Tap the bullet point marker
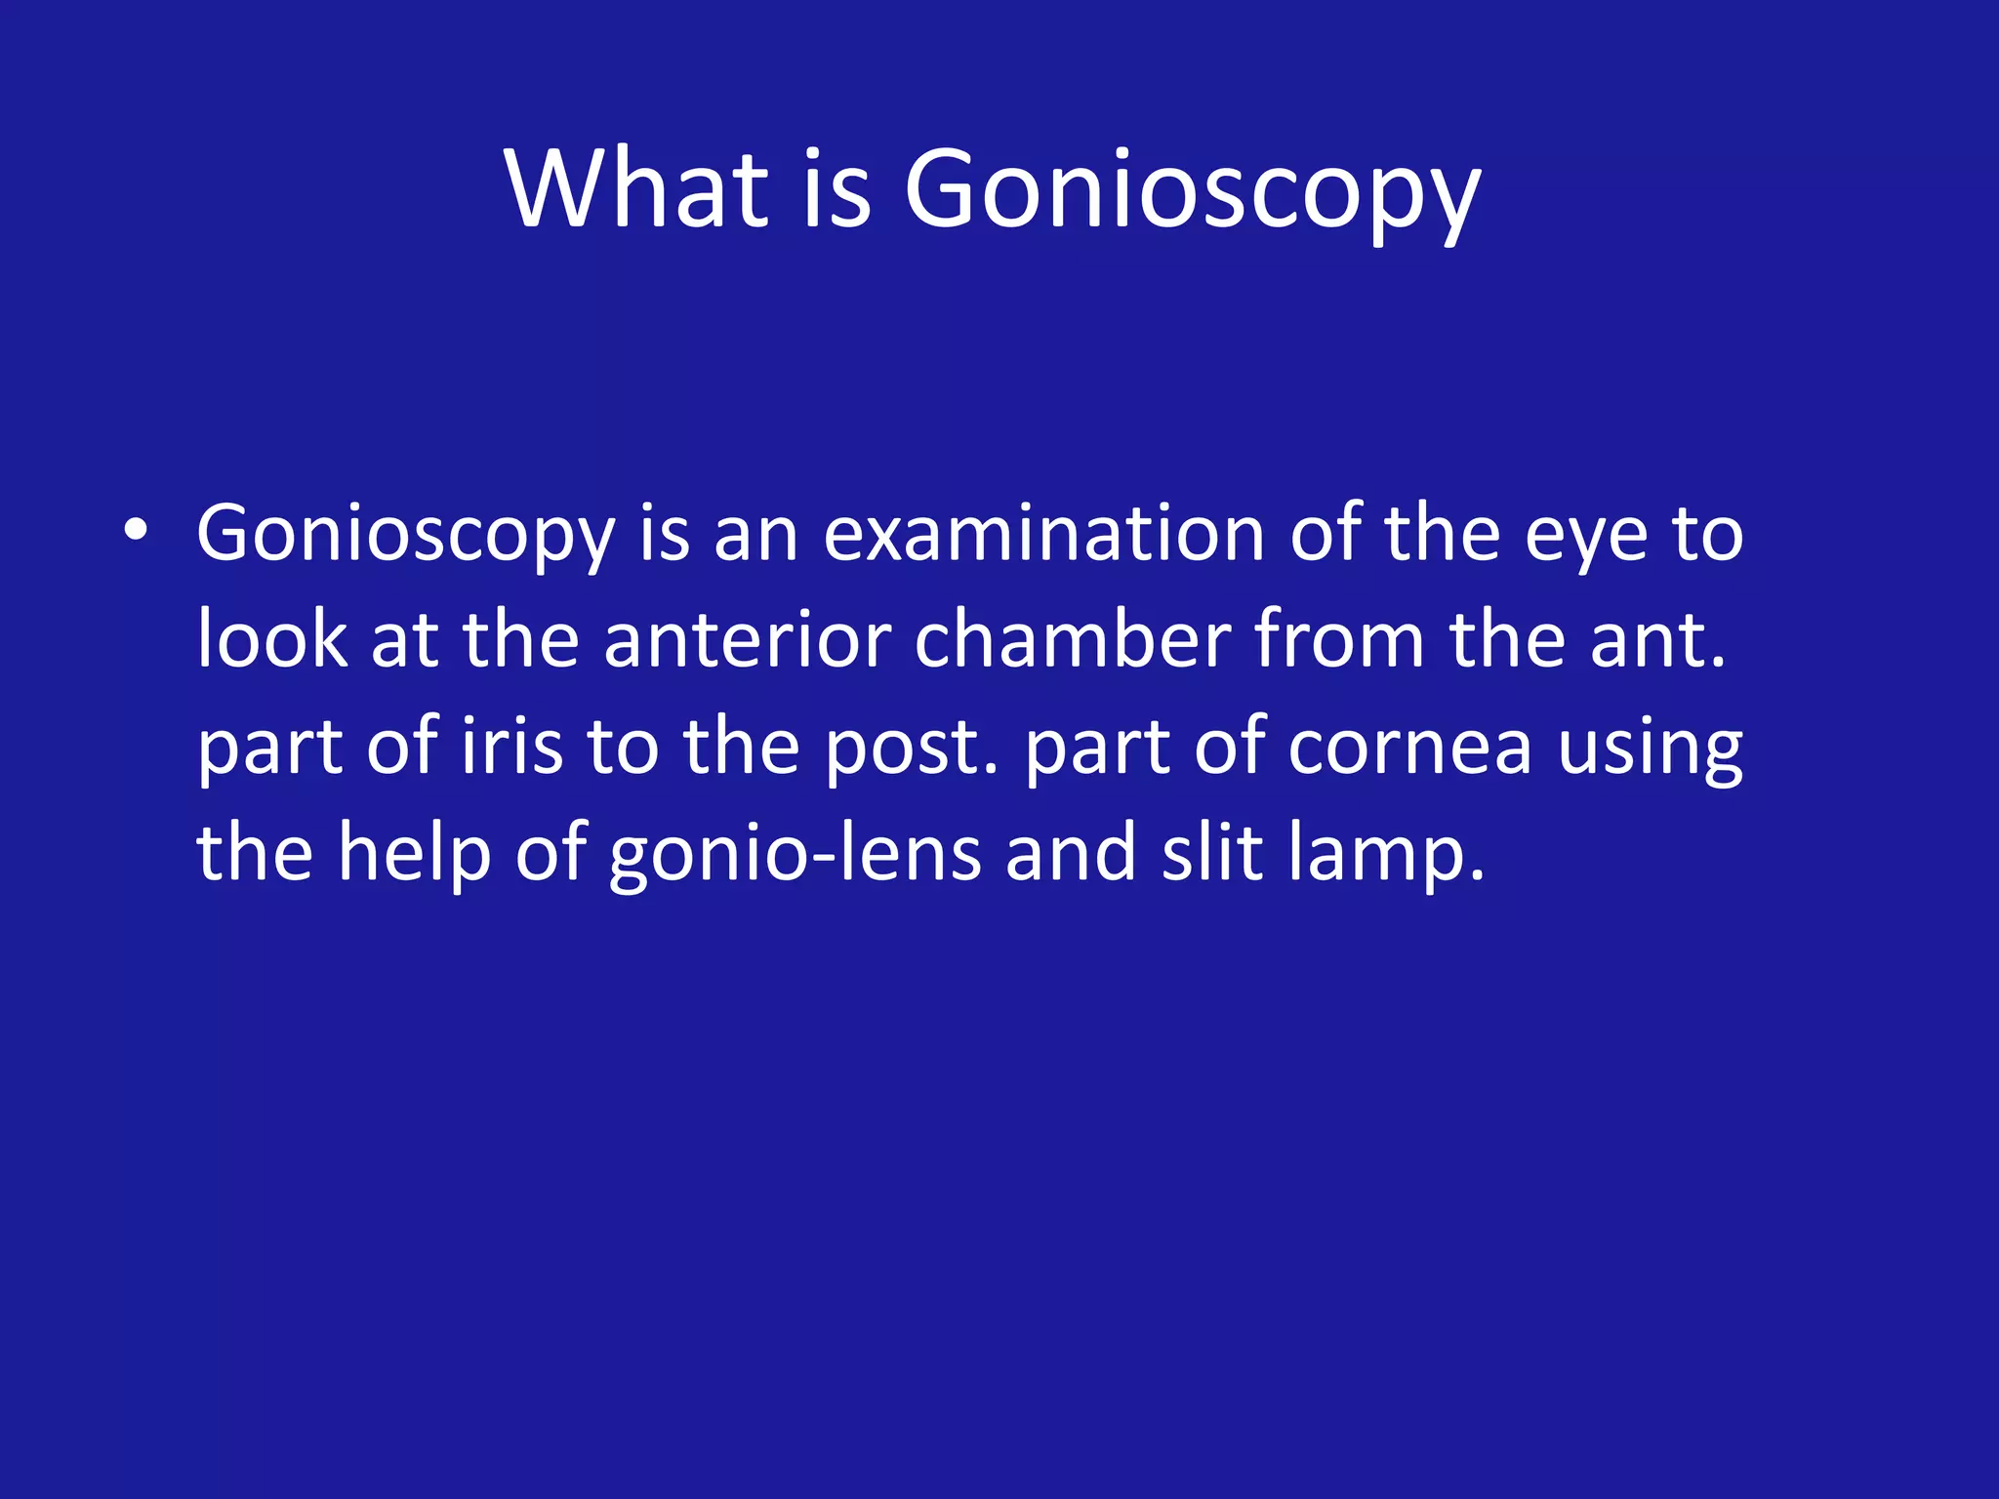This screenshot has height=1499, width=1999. point(136,531)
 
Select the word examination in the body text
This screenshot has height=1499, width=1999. point(1043,535)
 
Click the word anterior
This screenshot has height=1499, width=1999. point(747,640)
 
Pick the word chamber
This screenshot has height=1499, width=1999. point(1073,640)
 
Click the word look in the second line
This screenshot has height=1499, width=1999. point(271,640)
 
